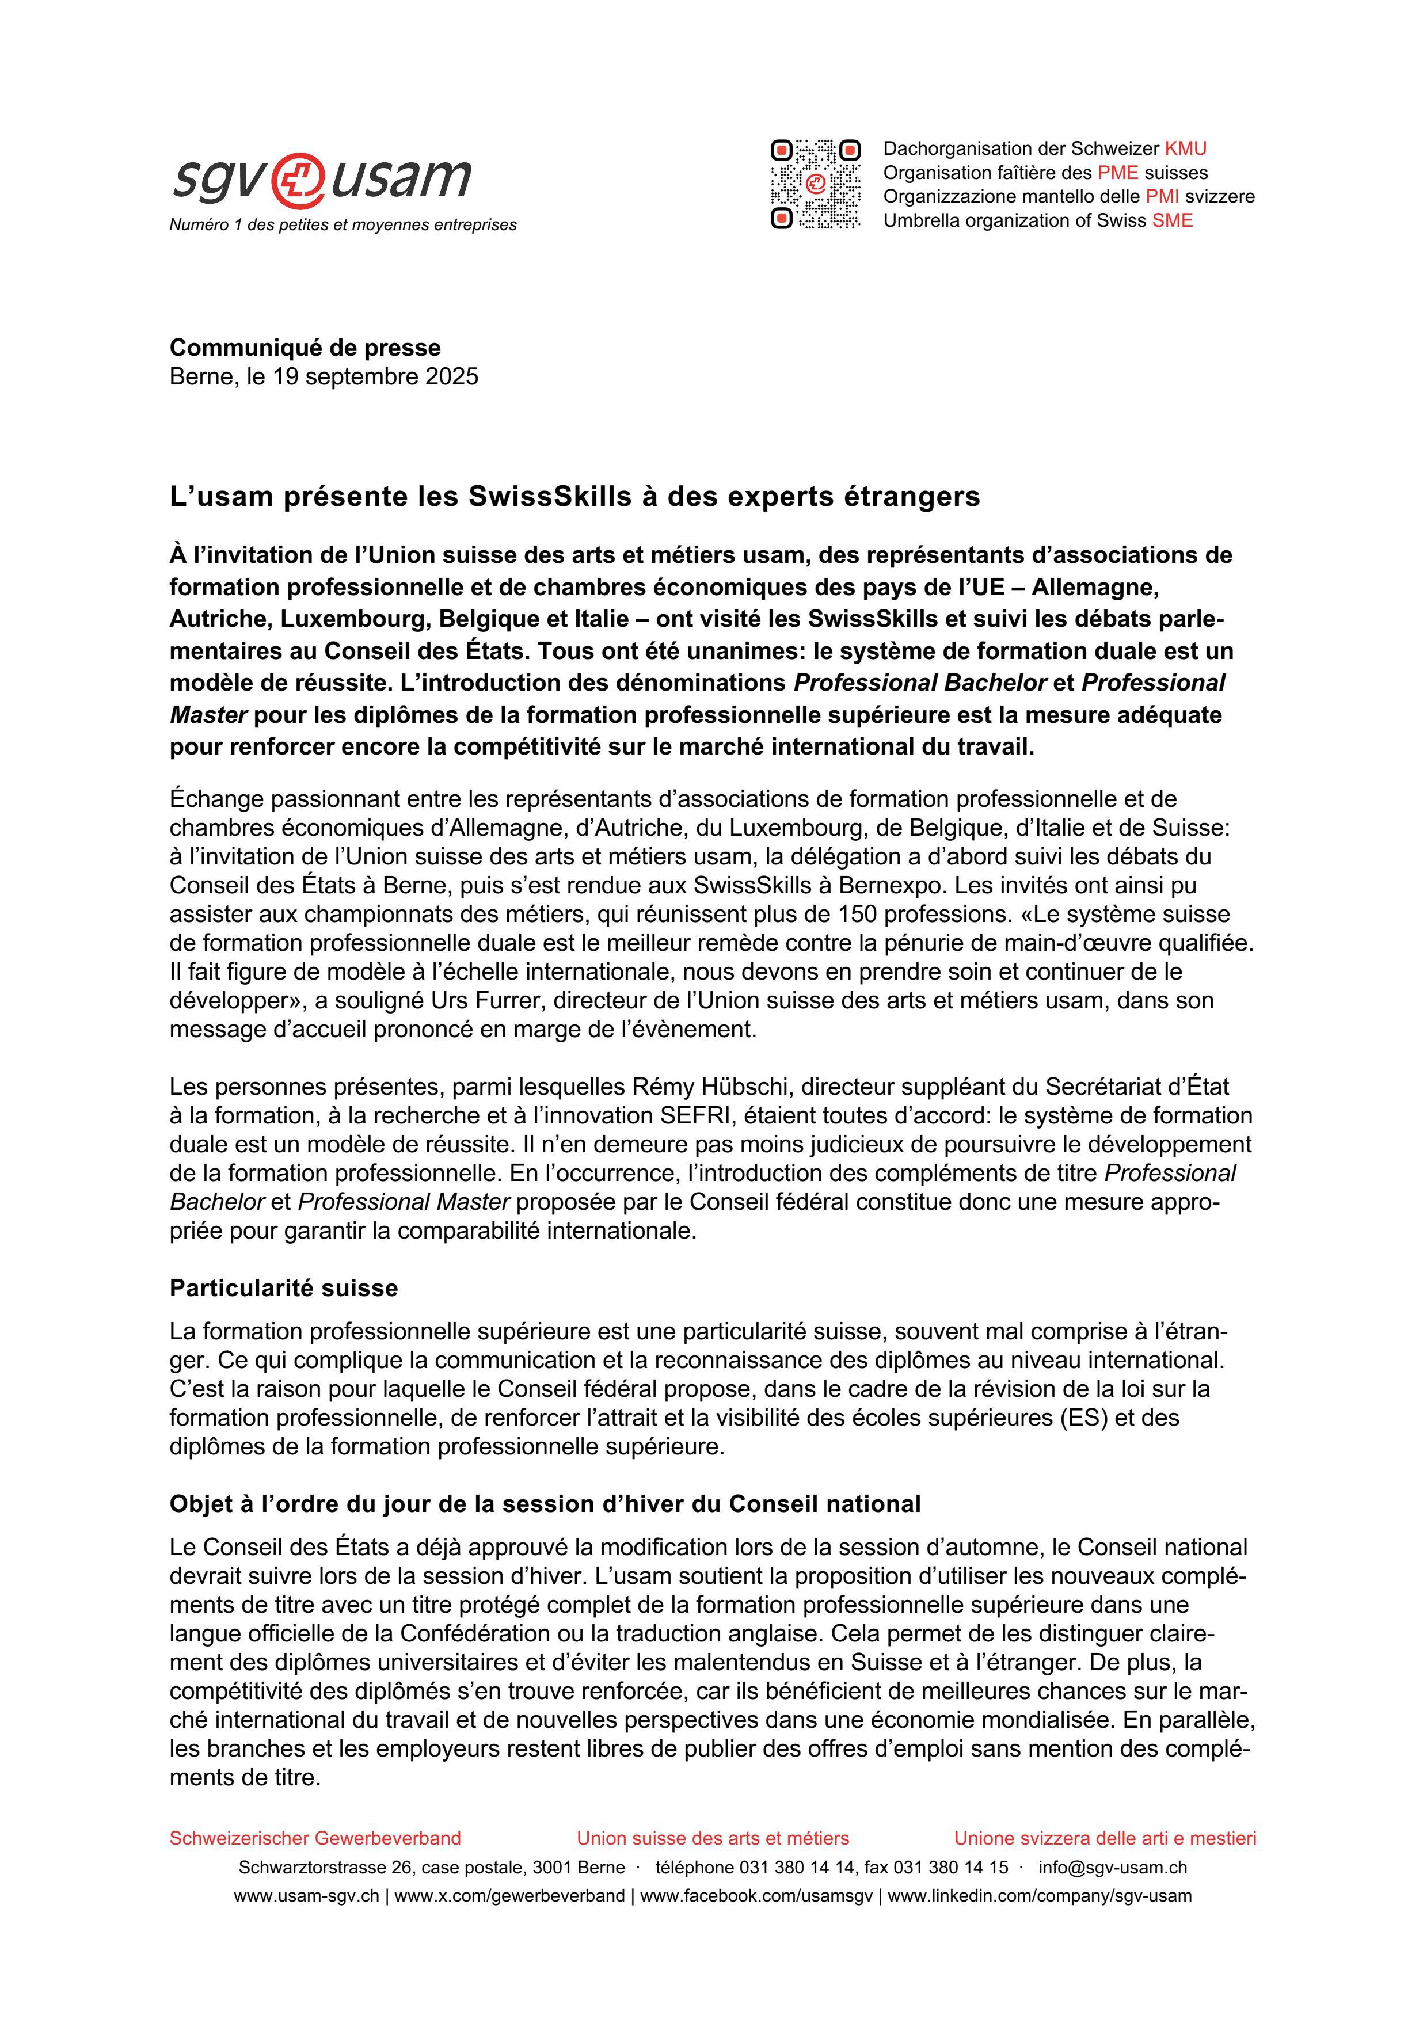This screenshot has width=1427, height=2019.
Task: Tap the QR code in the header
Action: click(x=815, y=184)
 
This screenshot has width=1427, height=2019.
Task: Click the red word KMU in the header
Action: click(x=1185, y=148)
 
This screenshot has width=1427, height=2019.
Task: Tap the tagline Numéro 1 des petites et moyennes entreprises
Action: click(x=343, y=225)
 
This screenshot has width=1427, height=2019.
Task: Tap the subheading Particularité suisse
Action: click(x=283, y=1288)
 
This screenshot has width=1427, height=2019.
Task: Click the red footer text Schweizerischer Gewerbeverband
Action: click(x=315, y=1838)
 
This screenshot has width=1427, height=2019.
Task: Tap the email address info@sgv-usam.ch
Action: click(x=1112, y=1867)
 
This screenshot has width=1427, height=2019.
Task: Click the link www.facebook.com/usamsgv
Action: click(x=756, y=1895)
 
